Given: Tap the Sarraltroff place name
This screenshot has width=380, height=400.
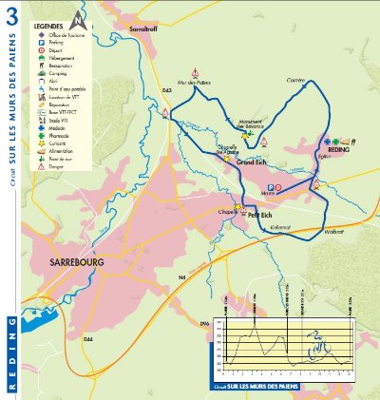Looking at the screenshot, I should [148, 30].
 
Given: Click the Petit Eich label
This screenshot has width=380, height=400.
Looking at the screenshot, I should [261, 215].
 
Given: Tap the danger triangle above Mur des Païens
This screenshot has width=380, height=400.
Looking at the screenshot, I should [195, 73].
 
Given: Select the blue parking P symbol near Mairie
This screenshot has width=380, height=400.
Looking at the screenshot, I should [269, 188].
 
